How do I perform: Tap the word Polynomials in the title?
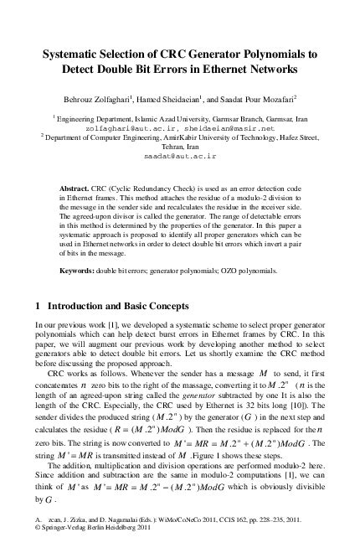click(280, 53)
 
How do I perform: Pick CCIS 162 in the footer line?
click(232, 521)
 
